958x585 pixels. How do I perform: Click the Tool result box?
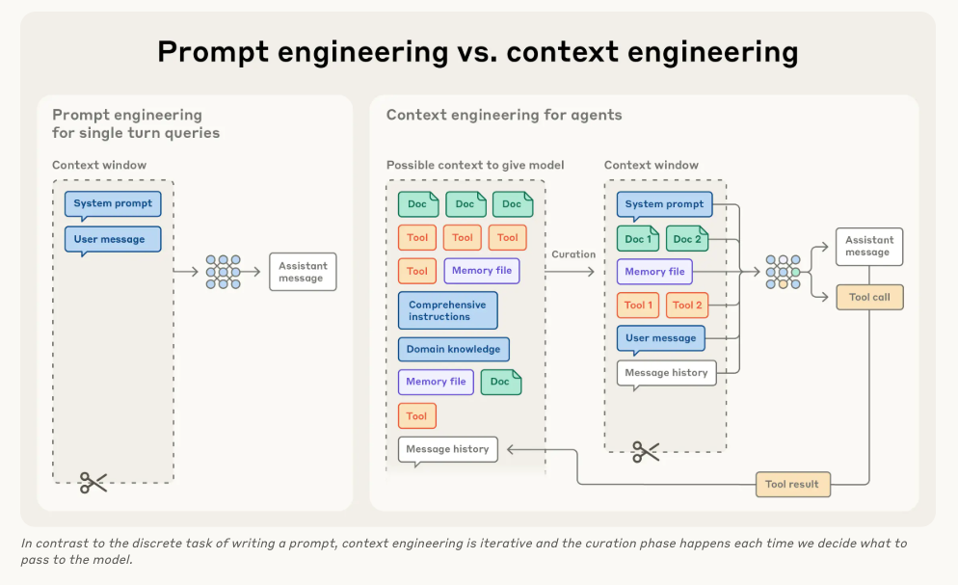click(x=791, y=484)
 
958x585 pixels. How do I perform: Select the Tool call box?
click(x=868, y=297)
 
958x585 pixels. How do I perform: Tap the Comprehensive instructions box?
click(x=447, y=310)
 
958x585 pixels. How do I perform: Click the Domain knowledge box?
click(x=453, y=349)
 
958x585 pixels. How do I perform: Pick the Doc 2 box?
click(x=687, y=239)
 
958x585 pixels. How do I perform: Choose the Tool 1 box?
click(x=638, y=306)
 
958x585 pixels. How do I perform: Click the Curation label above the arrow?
click(x=573, y=254)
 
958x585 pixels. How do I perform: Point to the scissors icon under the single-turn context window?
click(x=93, y=482)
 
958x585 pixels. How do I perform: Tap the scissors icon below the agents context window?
click(x=646, y=451)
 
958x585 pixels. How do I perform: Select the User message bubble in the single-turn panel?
click(x=113, y=239)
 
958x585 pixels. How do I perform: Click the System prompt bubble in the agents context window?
click(x=664, y=204)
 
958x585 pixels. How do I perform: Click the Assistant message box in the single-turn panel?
click(x=303, y=272)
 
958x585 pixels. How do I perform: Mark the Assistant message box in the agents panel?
click(x=868, y=246)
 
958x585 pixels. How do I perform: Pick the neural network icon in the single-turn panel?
click(x=223, y=272)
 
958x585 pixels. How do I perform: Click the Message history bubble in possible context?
click(x=447, y=449)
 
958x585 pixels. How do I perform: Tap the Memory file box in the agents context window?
click(x=654, y=272)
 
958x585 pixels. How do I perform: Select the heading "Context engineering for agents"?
click(x=504, y=115)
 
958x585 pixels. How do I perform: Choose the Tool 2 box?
click(x=687, y=306)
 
